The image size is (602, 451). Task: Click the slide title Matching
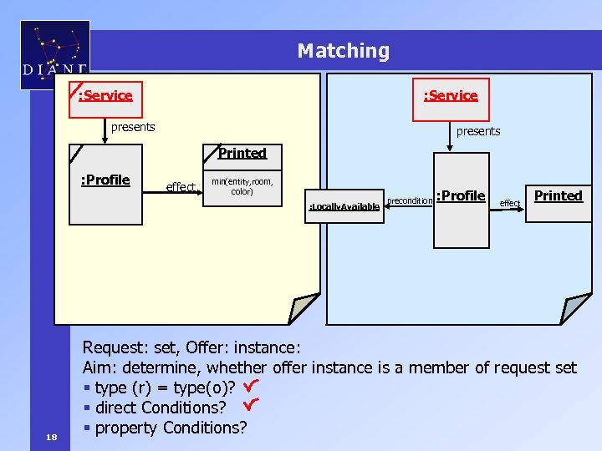[343, 51]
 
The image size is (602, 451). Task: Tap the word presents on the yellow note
[133, 127]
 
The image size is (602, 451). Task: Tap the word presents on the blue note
[478, 131]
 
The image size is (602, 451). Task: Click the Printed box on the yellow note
[242, 153]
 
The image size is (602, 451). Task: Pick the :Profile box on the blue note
[461, 200]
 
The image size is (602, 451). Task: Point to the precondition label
[409, 200]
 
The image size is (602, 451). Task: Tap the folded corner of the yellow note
[302, 308]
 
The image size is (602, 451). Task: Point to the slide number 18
[52, 437]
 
